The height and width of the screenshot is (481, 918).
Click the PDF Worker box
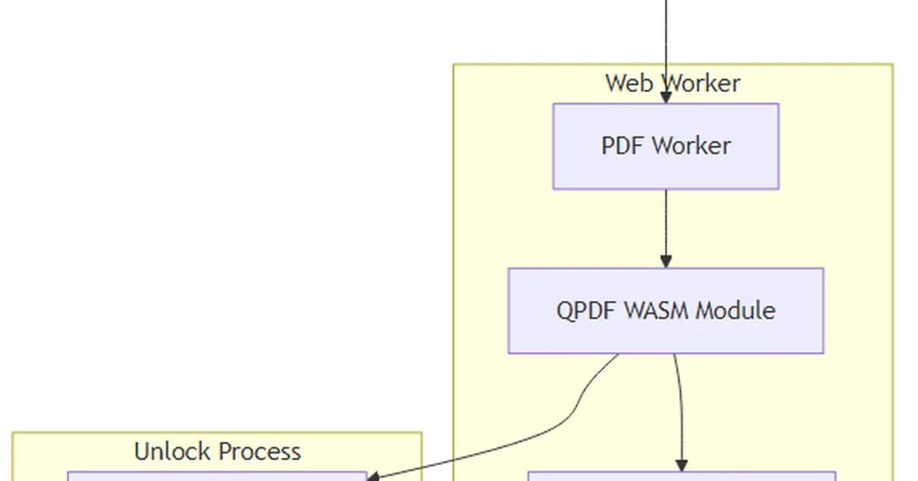click(666, 146)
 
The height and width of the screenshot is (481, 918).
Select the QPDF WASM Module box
click(666, 310)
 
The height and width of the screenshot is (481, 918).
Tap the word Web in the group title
click(622, 83)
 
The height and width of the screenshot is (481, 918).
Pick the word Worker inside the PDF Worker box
click(691, 146)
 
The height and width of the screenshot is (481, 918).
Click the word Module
click(736, 310)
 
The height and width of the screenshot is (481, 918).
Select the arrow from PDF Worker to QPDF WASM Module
click(666, 226)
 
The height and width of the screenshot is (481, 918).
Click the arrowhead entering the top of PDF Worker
click(666, 98)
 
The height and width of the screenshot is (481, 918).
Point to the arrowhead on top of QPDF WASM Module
click(666, 262)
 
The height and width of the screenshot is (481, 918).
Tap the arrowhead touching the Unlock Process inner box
click(373, 476)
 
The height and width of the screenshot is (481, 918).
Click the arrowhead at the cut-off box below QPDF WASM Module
click(682, 466)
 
